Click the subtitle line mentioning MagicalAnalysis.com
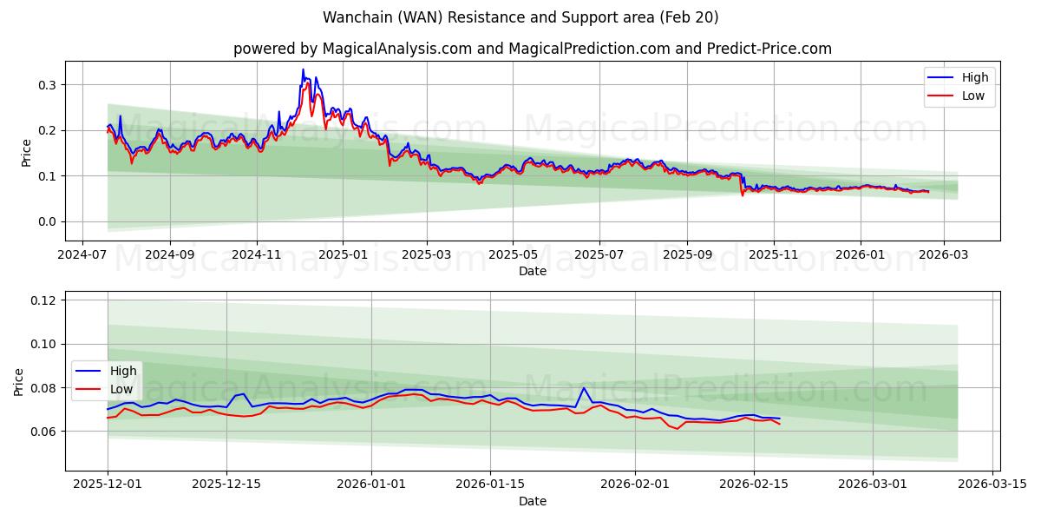[x=532, y=49]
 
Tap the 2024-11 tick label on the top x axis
[x=257, y=255]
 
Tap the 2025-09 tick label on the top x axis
[x=687, y=255]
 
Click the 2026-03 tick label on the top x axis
[x=944, y=255]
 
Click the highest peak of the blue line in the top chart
[x=303, y=69]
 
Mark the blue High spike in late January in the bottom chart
[x=584, y=388]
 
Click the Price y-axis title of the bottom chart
[x=18, y=381]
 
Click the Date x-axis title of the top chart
[x=532, y=271]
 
